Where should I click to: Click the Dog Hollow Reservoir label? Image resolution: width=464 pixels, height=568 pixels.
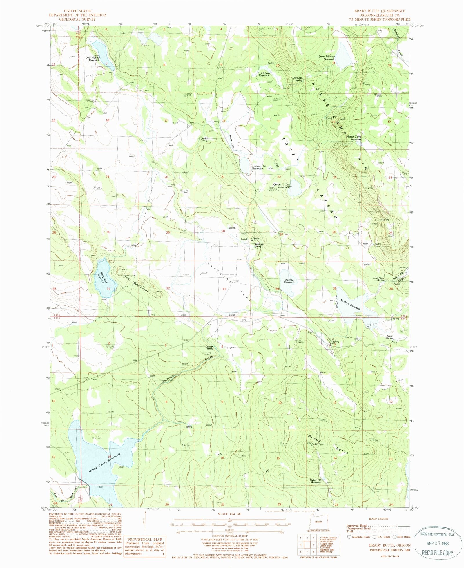pyautogui.click(x=92, y=59)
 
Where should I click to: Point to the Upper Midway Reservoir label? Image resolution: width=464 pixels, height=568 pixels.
pyautogui.click(x=326, y=58)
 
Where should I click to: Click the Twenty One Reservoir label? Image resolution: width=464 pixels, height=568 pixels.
pyautogui.click(x=259, y=167)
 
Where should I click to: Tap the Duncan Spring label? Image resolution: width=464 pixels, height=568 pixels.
pyautogui.click(x=209, y=348)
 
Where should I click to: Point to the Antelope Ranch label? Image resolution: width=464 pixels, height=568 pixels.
pyautogui.click(x=255, y=240)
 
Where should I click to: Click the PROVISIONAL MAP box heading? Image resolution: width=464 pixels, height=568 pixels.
pyautogui.click(x=144, y=540)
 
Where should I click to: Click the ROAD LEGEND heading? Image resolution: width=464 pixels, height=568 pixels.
pyautogui.click(x=378, y=519)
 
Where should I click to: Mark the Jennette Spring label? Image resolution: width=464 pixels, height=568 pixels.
pyautogui.click(x=298, y=79)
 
